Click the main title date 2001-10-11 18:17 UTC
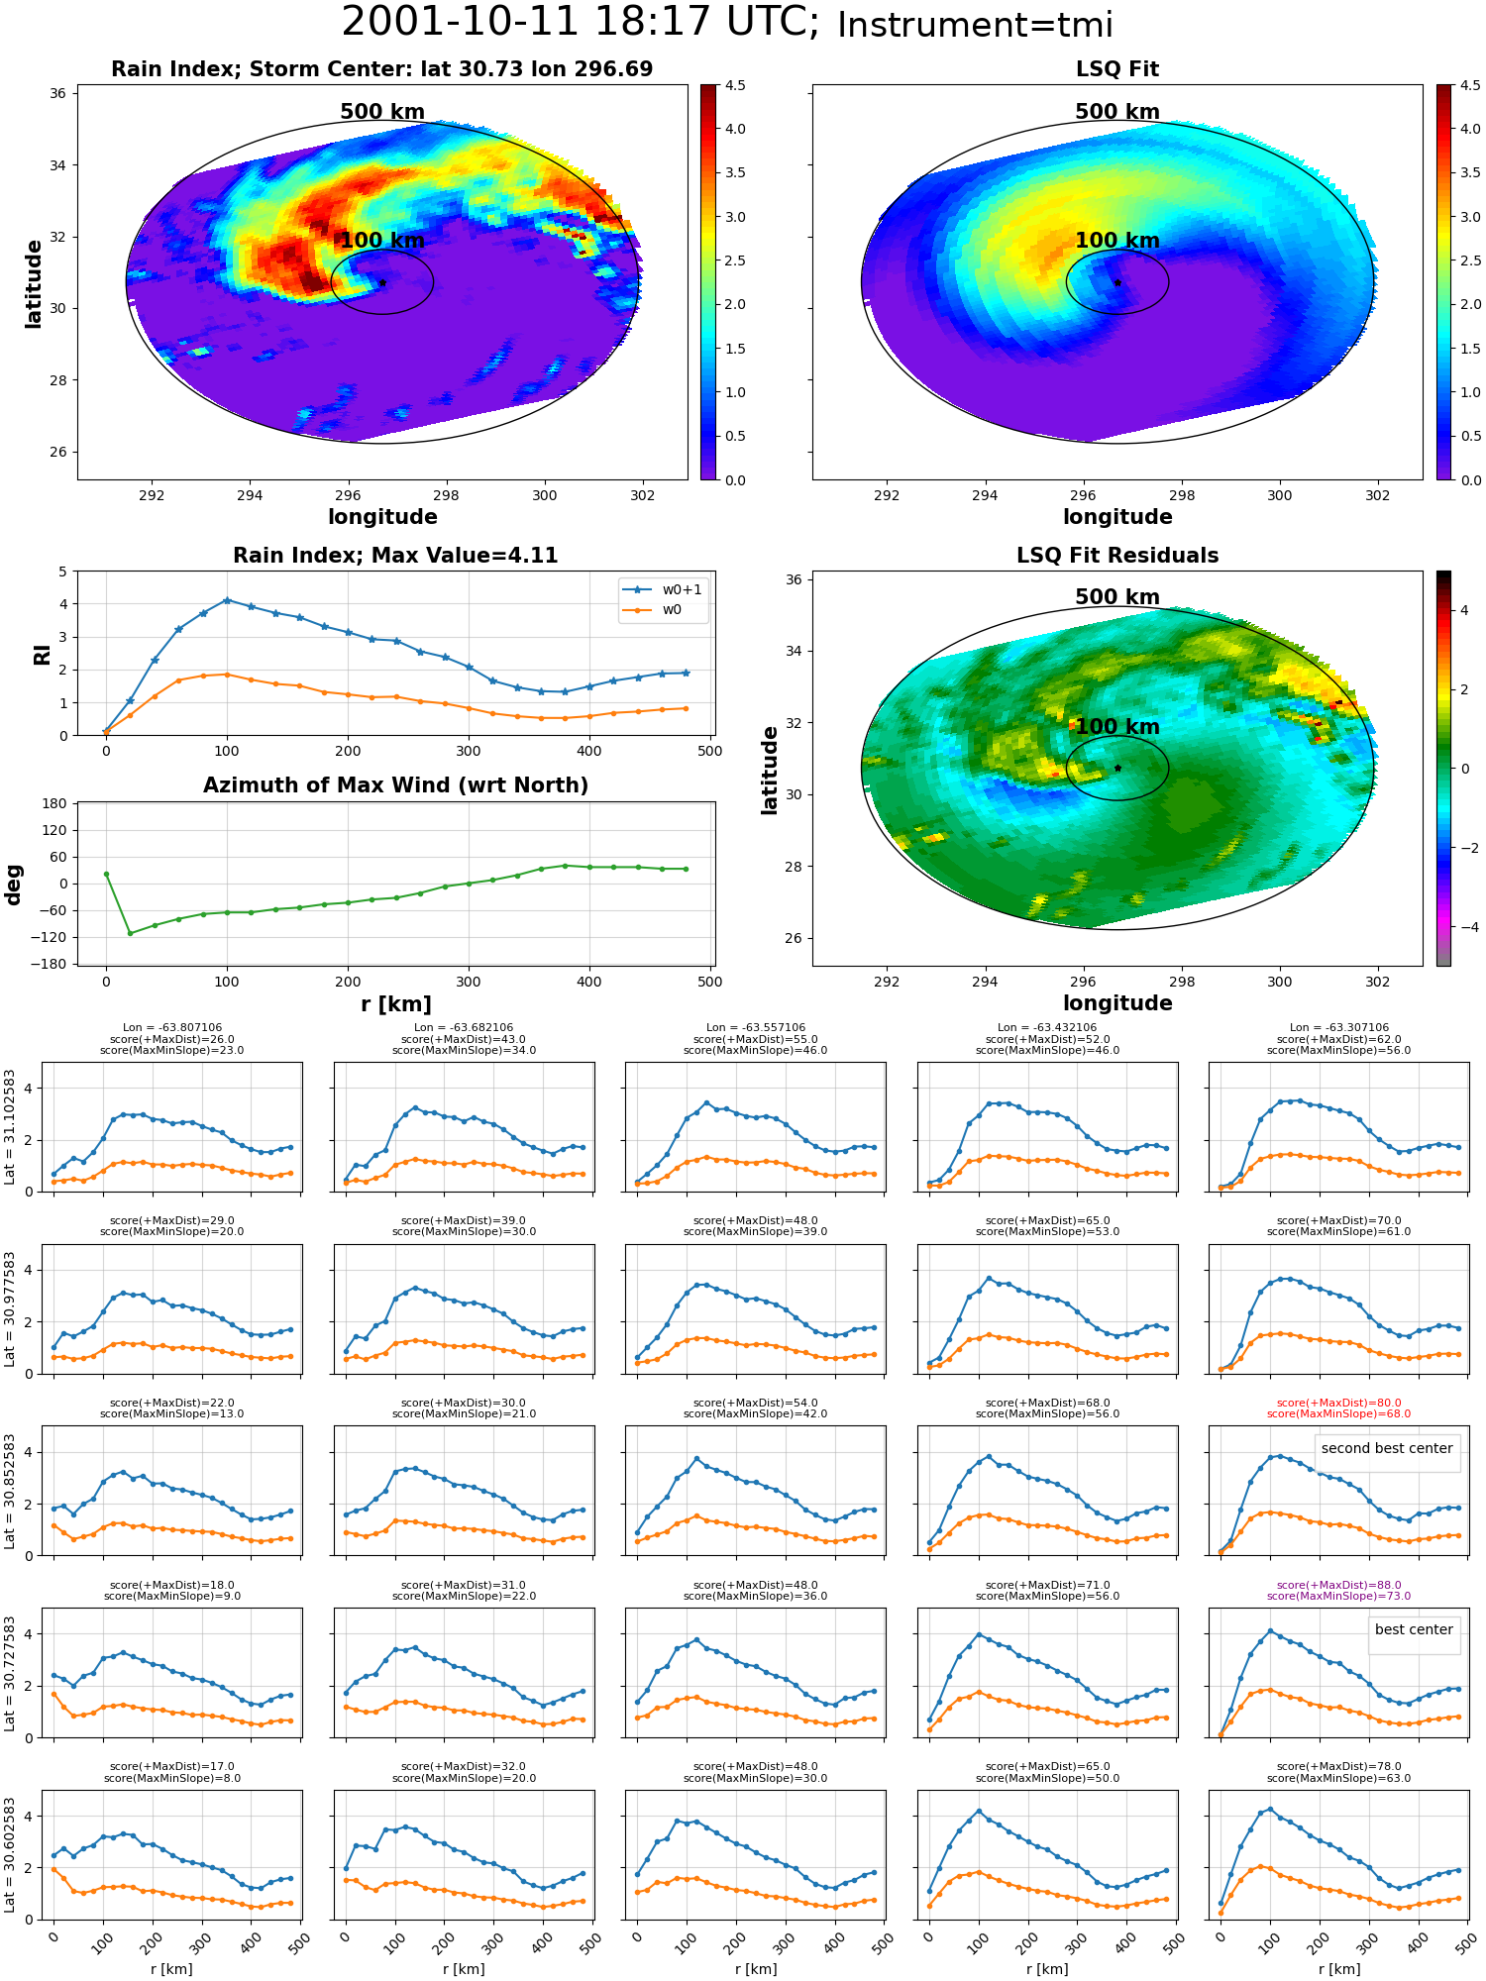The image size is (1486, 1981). coord(581,23)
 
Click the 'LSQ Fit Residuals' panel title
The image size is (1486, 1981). coord(1117,556)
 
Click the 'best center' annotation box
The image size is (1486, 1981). coord(1414,1629)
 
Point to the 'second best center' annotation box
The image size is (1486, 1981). coord(1387,1448)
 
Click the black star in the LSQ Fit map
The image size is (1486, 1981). coord(1117,282)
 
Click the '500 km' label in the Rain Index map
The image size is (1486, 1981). coord(382,112)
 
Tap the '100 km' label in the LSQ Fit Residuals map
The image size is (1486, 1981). coord(1117,726)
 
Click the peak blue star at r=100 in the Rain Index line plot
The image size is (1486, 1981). coord(227,600)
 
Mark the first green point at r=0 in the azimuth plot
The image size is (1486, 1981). coord(106,874)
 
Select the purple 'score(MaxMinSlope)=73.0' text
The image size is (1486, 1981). coord(1339,1596)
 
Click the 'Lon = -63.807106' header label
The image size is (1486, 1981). coord(171,1028)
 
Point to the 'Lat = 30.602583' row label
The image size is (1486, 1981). coord(10,1854)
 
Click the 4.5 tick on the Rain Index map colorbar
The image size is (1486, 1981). coord(735,85)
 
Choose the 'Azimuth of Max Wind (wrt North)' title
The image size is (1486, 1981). coord(396,785)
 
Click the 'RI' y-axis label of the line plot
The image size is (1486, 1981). coord(42,654)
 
